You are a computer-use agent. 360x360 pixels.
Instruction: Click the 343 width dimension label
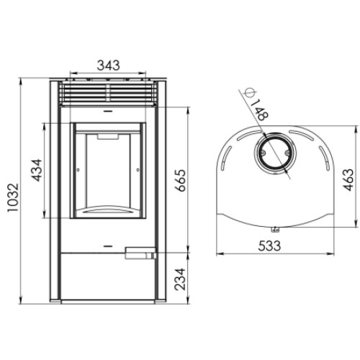[108, 65]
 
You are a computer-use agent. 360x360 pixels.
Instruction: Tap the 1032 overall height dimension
[13, 198]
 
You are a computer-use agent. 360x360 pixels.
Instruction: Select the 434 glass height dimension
[37, 170]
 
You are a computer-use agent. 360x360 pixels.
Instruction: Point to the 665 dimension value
[180, 181]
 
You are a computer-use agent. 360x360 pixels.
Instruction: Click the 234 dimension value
[180, 279]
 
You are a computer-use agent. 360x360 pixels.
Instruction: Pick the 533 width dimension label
[269, 246]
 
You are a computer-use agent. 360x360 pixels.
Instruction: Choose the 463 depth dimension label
[348, 180]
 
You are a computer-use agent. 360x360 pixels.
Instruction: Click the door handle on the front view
[140, 253]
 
